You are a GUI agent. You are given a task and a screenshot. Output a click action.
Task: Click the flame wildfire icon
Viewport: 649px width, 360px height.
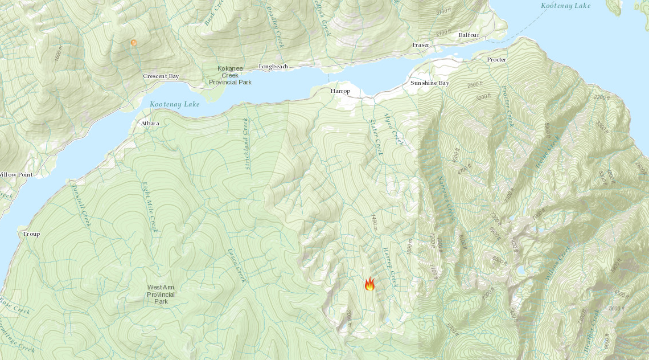369,284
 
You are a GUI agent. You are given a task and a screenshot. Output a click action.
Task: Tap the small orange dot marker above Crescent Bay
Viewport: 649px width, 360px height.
134,43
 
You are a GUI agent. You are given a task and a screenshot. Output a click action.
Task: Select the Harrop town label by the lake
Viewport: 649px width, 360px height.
340,91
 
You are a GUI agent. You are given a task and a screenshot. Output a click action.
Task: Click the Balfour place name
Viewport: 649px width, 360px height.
469,35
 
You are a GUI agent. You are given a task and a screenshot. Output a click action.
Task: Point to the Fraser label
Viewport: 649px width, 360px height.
421,44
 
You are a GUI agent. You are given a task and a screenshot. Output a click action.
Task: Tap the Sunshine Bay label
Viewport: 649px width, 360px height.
430,83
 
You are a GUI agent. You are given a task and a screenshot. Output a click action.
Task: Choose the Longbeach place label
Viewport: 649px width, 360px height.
273,67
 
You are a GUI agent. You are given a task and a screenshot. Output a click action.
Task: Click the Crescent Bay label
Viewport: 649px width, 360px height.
161,76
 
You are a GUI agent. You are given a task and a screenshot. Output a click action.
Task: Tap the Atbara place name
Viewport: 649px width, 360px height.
149,123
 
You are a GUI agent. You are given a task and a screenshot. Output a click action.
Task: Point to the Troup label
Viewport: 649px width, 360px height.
31,234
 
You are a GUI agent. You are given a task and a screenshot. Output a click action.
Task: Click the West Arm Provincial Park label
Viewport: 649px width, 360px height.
161,294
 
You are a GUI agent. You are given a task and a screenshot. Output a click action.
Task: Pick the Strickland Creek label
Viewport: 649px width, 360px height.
247,146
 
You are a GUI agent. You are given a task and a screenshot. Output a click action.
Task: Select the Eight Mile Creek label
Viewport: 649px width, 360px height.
149,206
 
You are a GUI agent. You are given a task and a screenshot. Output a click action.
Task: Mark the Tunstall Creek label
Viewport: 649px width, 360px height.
81,204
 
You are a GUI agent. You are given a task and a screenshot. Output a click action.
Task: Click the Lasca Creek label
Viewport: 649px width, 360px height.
236,265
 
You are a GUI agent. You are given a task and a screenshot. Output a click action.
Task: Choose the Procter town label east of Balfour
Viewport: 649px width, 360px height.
496,60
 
